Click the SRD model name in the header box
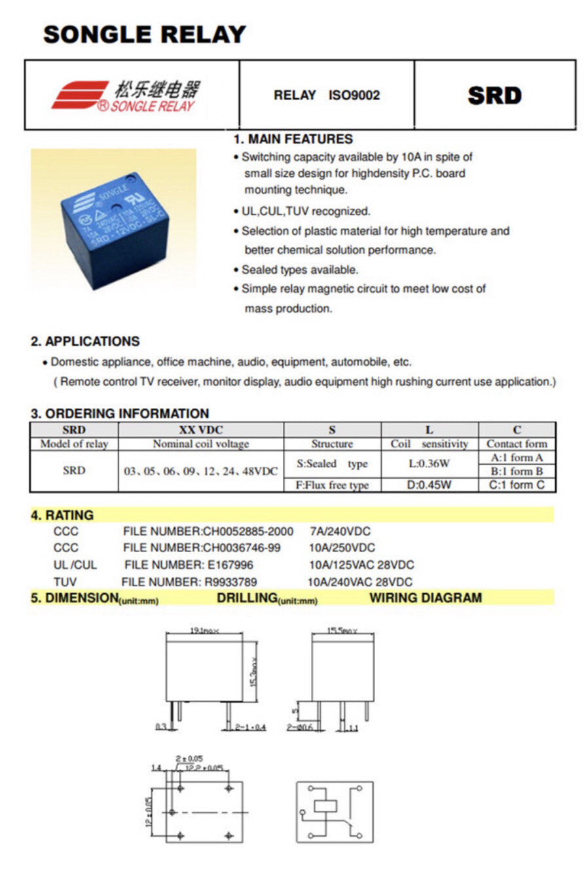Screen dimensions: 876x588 pos(494,96)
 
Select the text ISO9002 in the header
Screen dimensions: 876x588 pos(354,96)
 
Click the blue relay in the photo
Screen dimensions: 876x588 pos(117,229)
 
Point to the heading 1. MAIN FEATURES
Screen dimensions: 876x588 pos(293,139)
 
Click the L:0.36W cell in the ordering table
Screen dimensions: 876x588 pos(429,464)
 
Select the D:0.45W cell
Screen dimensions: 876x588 pos(429,485)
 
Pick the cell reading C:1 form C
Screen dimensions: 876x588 pos(517,485)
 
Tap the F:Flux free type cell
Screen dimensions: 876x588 pos(332,485)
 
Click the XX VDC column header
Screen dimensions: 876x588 pos(200,430)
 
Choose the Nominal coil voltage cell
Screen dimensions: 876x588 pos(200,444)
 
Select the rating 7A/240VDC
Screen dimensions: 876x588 pos(339,531)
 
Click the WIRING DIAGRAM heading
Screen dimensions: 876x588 pos(425,598)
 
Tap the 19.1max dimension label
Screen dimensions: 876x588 pos(204,630)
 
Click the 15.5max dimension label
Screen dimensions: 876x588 pos(342,631)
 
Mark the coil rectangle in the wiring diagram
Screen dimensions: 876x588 pos(325,806)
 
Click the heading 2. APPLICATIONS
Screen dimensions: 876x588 pos(85,341)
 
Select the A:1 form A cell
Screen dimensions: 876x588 pos(517,458)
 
